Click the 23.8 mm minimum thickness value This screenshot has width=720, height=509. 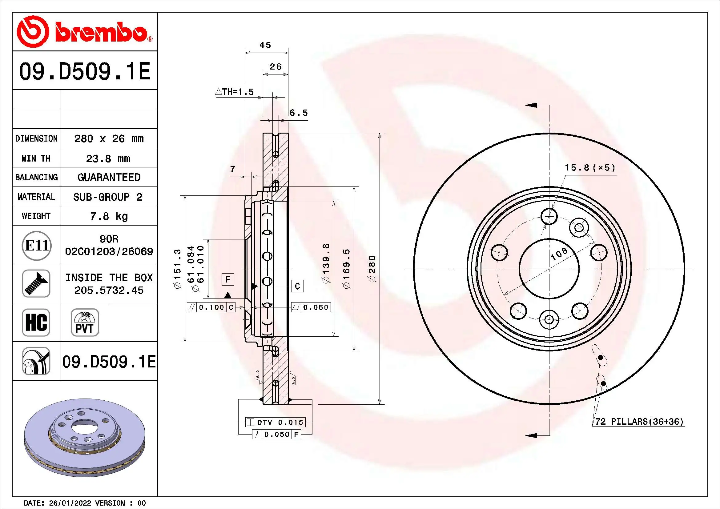click(x=108, y=158)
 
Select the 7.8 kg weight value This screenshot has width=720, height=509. click(x=109, y=216)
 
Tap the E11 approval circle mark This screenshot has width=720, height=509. click(x=36, y=245)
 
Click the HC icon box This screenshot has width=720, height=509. click(x=36, y=323)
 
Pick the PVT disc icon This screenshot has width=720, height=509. click(x=85, y=323)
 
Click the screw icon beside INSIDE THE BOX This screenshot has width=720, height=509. click(x=36, y=284)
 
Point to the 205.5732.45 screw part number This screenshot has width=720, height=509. click(x=109, y=291)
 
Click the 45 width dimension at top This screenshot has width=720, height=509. click(x=265, y=45)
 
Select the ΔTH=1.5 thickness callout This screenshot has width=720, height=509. click(x=235, y=92)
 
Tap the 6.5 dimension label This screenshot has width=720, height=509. click(x=299, y=113)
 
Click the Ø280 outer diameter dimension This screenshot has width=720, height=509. click(x=372, y=269)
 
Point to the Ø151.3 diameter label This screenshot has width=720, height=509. click(x=178, y=269)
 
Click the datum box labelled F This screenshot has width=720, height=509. click(x=228, y=279)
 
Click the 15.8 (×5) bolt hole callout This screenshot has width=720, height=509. click(x=590, y=168)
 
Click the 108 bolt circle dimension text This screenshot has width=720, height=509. click(x=559, y=254)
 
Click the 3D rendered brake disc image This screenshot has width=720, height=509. click(x=85, y=437)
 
